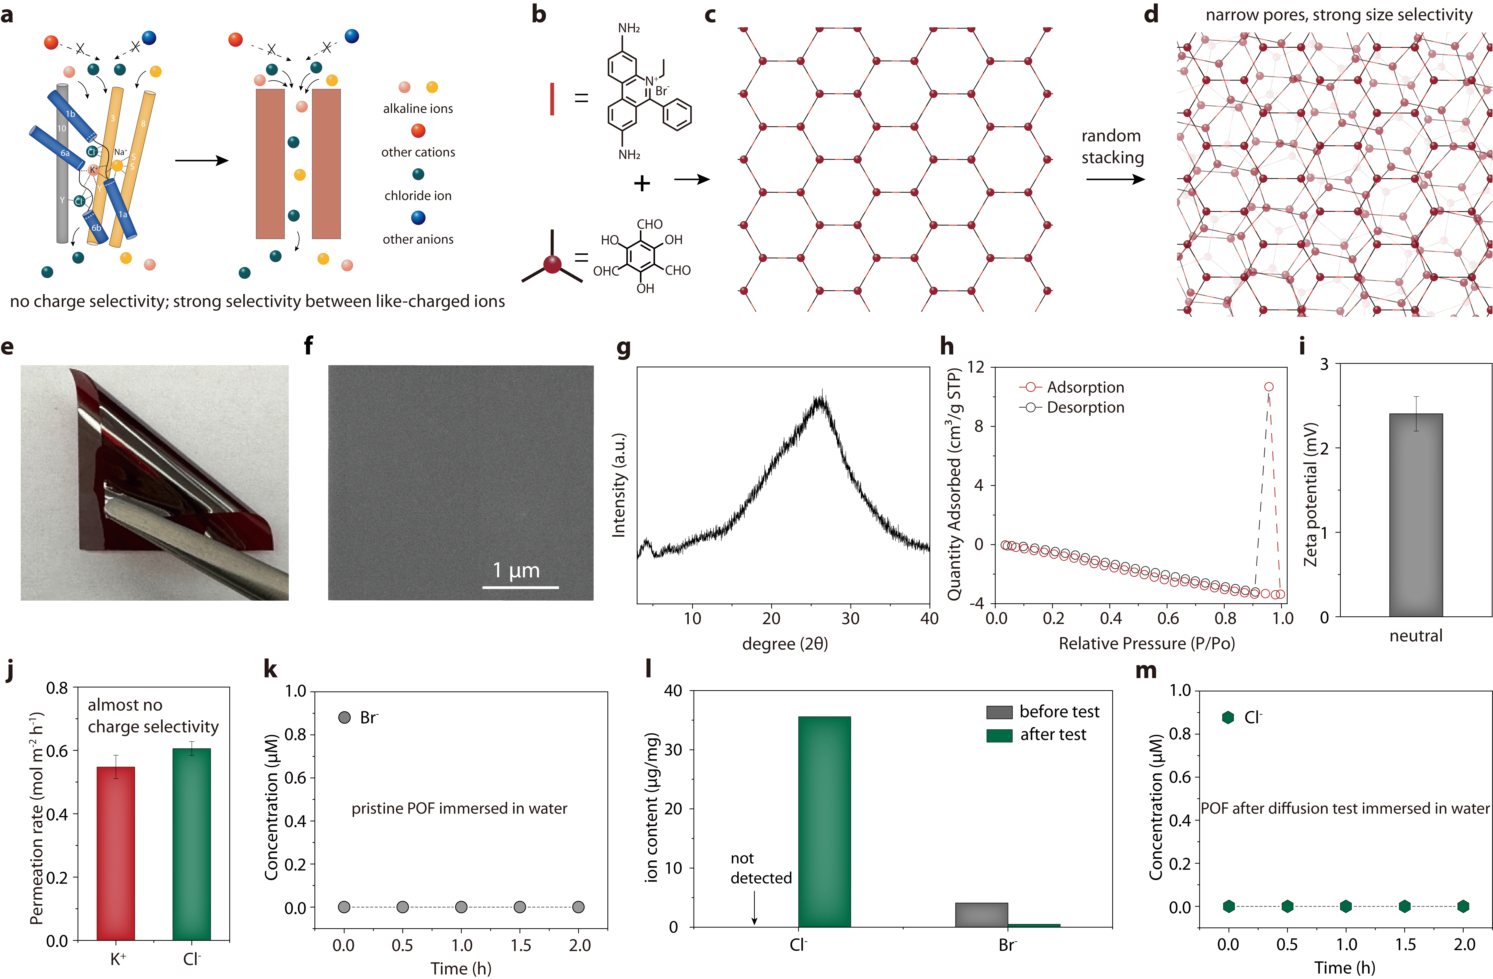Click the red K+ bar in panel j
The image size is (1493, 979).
pyautogui.click(x=115, y=853)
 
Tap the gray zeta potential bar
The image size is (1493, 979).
pyautogui.click(x=1416, y=514)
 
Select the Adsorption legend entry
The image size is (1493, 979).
pyautogui.click(x=1071, y=387)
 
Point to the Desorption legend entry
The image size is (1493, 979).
pyautogui.click(x=1071, y=408)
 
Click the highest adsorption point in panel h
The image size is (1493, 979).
pyautogui.click(x=1268, y=387)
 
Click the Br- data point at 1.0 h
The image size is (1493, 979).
pyautogui.click(x=461, y=907)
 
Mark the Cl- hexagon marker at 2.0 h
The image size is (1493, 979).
pyautogui.click(x=1463, y=906)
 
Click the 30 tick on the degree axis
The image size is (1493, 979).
pyautogui.click(x=850, y=618)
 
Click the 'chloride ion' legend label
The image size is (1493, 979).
pyautogui.click(x=418, y=196)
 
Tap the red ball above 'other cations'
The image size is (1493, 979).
pyautogui.click(x=418, y=130)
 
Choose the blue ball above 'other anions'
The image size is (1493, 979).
pyautogui.click(x=418, y=218)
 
